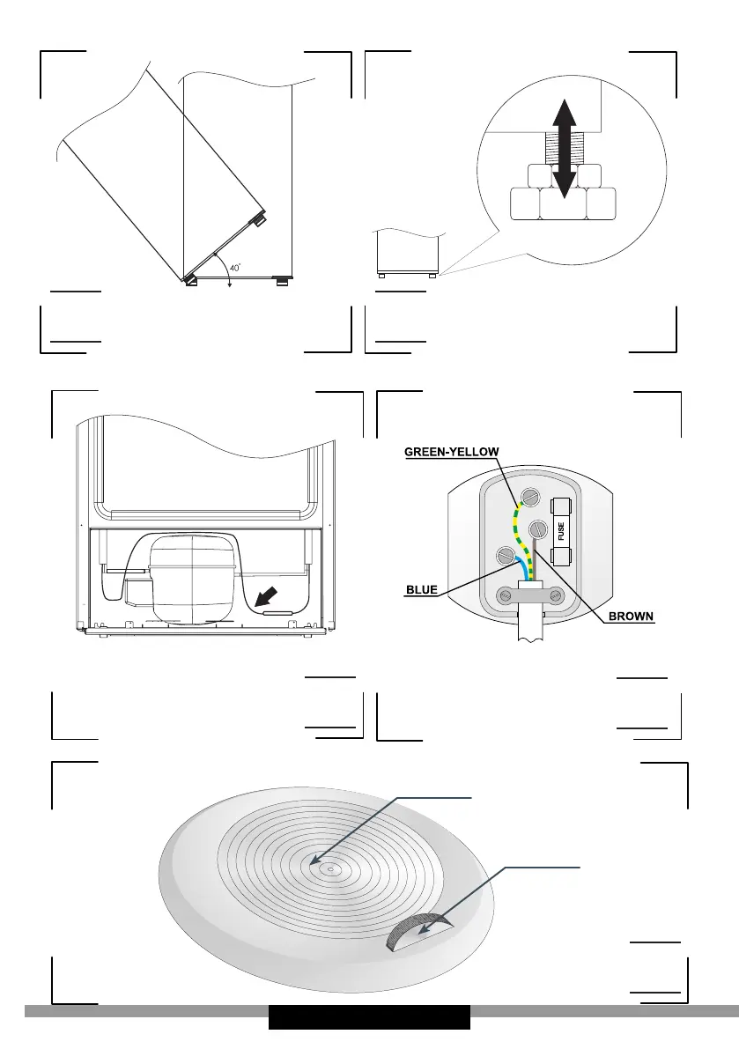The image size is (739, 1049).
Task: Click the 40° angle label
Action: click(211, 268)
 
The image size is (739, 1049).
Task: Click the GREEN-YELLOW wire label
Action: click(452, 452)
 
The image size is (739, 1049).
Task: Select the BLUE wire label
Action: click(422, 589)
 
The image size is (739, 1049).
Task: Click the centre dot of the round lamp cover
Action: click(328, 868)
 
